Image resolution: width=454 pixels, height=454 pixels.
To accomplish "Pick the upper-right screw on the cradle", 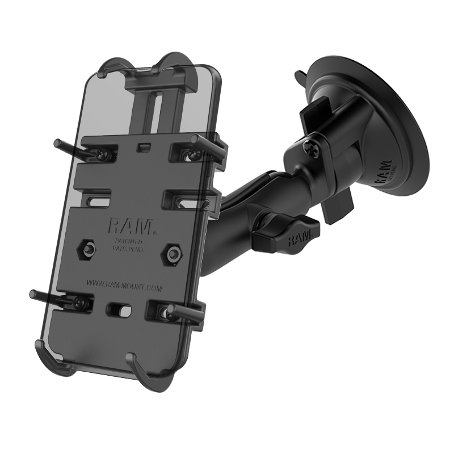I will (x=183, y=152).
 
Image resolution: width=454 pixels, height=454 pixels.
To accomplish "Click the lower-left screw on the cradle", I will (x=84, y=304).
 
